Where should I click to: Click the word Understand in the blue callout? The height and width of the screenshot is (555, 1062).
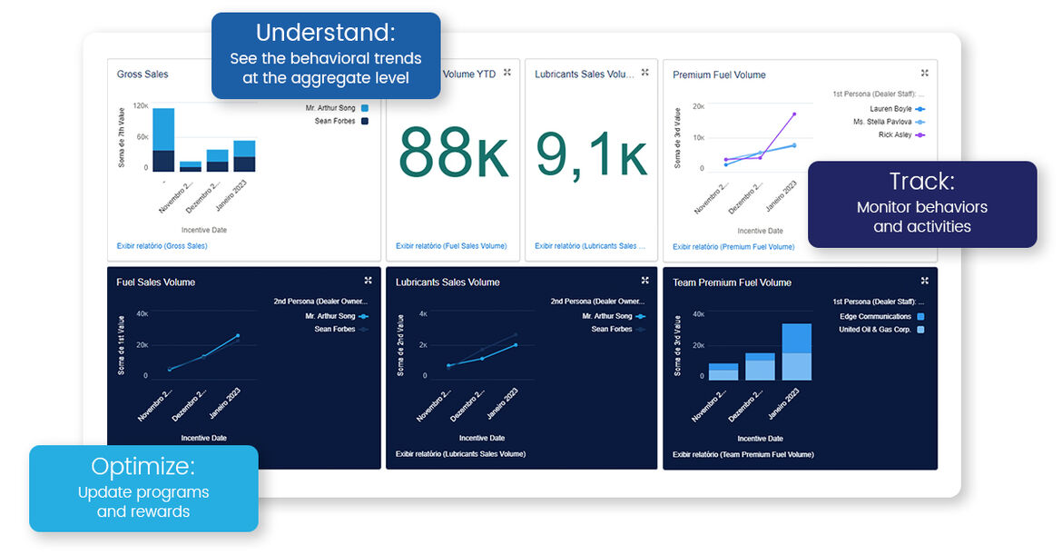[x=325, y=34]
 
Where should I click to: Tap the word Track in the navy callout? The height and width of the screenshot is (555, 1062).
[x=921, y=181]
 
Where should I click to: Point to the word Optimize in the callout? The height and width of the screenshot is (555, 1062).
[x=143, y=467]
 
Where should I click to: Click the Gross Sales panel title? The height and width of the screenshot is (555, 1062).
[x=143, y=74]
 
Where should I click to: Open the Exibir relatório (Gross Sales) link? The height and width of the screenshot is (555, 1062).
[x=162, y=246]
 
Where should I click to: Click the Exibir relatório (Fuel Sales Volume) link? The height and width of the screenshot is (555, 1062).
[x=451, y=246]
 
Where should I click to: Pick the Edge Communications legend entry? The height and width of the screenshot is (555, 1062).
[x=875, y=317]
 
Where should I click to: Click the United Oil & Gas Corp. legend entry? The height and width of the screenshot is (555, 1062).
[x=875, y=330]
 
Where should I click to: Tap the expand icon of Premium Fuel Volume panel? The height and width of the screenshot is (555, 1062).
[x=924, y=74]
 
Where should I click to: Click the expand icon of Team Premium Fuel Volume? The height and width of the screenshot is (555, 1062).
[x=924, y=281]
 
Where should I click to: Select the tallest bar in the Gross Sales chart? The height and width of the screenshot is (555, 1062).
[x=163, y=139]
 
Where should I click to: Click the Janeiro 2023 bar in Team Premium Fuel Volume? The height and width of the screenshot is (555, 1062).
[x=796, y=352]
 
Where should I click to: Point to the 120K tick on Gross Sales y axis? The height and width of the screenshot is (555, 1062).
[x=141, y=106]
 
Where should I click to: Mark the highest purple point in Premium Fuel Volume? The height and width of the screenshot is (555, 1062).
[x=794, y=114]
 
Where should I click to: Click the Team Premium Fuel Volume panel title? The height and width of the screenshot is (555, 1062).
[x=732, y=282]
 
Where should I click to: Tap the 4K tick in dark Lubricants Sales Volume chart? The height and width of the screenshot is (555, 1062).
[x=422, y=313]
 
